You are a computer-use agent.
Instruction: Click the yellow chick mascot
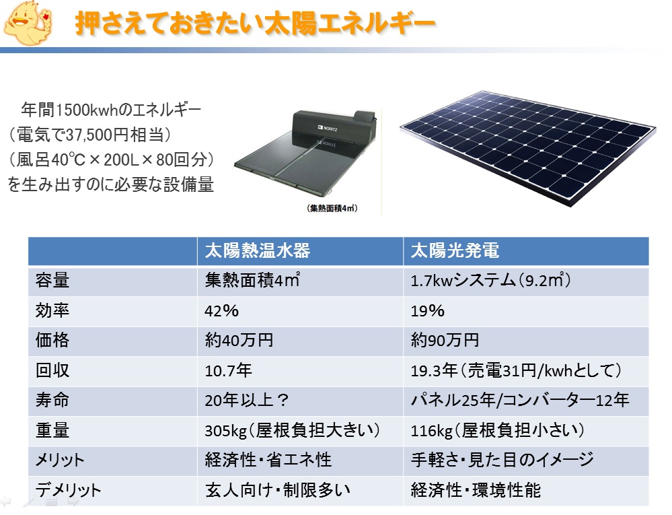[x=28, y=23]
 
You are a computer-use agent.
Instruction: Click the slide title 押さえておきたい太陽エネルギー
[x=256, y=23]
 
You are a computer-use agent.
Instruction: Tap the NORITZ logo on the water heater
[x=328, y=128]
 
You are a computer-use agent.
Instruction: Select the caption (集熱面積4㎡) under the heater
[x=332, y=209]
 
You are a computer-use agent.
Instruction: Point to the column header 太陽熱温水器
[x=257, y=251]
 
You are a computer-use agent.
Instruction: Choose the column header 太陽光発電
[x=455, y=251]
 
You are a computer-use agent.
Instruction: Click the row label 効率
[x=52, y=310]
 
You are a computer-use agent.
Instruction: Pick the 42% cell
[x=221, y=311]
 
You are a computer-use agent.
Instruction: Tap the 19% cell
[x=427, y=311]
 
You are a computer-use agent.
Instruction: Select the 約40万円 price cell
[x=239, y=341]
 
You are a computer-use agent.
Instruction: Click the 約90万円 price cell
[x=445, y=341]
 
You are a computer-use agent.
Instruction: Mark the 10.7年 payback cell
[x=229, y=370]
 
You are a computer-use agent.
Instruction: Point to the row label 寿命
[x=52, y=400]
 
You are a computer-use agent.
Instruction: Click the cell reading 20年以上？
[x=246, y=400]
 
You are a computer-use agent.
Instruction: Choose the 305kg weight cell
[x=293, y=430]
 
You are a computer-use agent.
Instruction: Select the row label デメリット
[x=68, y=489]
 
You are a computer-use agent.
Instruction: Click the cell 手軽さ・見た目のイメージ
[x=502, y=460]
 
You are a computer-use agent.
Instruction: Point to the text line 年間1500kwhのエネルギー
[x=111, y=110]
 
